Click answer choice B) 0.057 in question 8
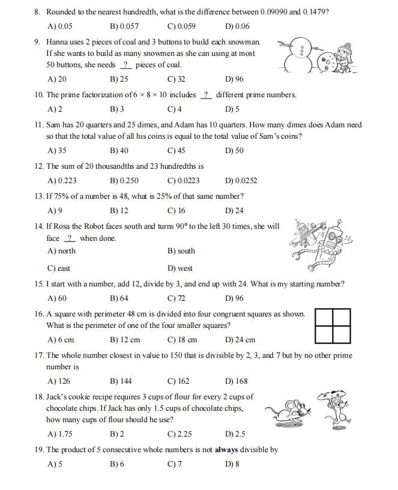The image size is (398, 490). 124,26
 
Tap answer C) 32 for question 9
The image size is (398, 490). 176,79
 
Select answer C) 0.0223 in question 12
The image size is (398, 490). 184,180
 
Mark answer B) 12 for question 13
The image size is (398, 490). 119,211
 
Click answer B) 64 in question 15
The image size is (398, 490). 119,298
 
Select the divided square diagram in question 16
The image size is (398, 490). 333,325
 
